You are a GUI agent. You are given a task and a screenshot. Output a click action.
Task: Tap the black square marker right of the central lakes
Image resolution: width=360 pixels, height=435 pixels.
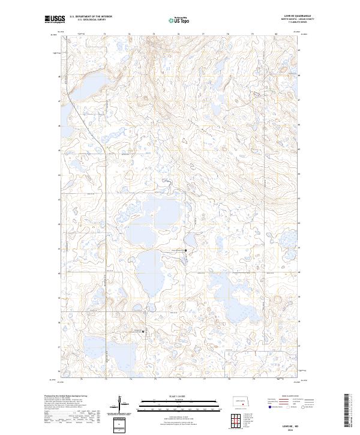click(x=185, y=250)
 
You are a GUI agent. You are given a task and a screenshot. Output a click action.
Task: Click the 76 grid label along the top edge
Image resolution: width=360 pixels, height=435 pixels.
click(x=179, y=35)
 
